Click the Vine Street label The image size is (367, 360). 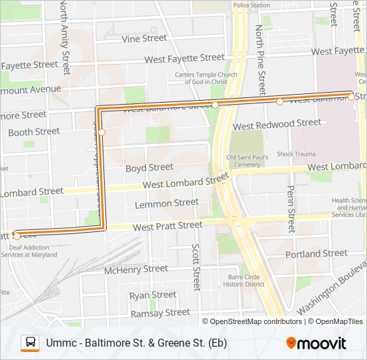144,39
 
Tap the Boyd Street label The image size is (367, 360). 149,167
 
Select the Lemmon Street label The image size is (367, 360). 166,203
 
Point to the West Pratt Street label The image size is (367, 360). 167,227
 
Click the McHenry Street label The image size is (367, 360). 137,269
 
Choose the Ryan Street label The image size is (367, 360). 153,295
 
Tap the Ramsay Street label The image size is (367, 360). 160,313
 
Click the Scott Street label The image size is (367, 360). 196,267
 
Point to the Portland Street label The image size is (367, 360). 316,254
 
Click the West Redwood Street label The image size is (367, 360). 277,124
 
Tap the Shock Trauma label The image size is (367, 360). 296,154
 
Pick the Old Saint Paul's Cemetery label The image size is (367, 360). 247,161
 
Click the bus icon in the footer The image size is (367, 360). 30,343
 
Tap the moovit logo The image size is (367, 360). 316,343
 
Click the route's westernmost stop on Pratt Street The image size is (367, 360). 17,235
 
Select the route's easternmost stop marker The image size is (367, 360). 351,97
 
